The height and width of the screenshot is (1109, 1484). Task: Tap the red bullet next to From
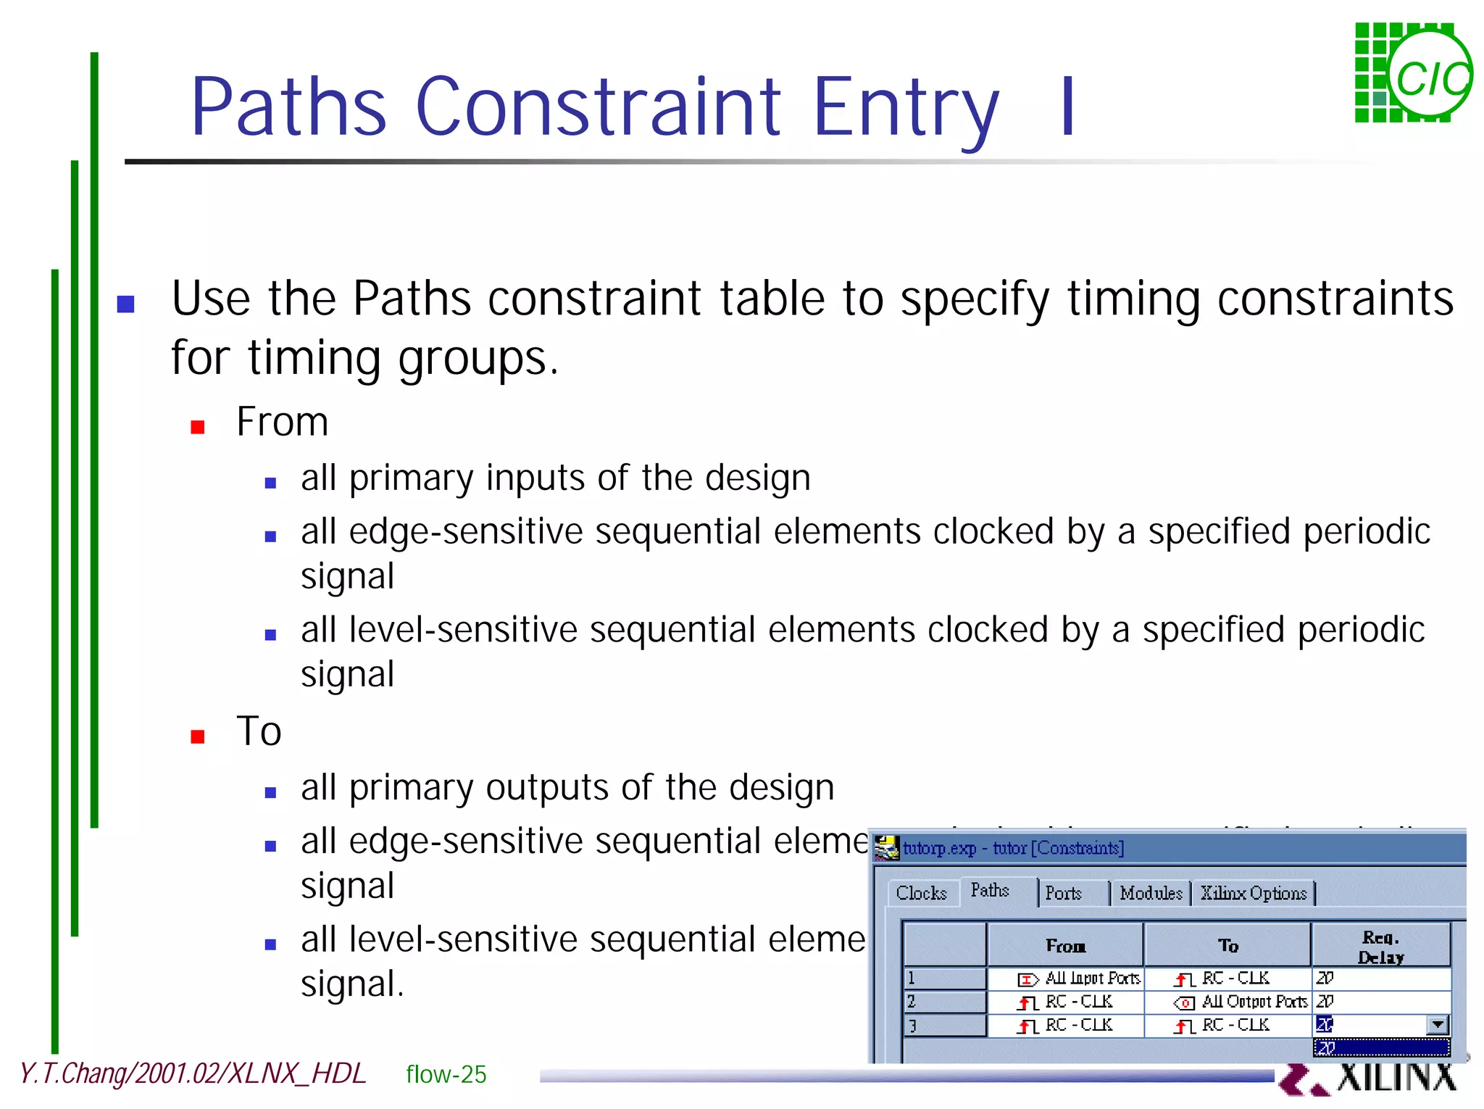(x=197, y=427)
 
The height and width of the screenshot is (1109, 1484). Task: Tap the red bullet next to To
(x=197, y=736)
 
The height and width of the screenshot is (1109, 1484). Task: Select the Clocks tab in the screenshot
(x=921, y=893)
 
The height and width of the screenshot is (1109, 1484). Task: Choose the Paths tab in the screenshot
(x=990, y=890)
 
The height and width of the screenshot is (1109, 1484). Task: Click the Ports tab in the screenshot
(x=1063, y=893)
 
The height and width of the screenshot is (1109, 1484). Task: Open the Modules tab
(x=1151, y=893)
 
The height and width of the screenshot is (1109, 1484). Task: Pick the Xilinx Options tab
(x=1254, y=893)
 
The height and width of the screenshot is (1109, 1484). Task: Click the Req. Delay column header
(x=1380, y=947)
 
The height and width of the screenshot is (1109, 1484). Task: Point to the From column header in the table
(x=1065, y=946)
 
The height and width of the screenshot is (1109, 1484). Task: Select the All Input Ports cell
(x=1080, y=979)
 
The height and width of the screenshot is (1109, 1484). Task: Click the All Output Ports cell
(x=1241, y=1002)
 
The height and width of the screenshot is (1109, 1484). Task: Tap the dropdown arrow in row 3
(x=1438, y=1025)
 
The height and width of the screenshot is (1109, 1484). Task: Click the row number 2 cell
(x=943, y=1002)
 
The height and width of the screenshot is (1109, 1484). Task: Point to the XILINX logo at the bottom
(x=1370, y=1078)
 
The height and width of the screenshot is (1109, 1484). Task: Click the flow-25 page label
(x=446, y=1074)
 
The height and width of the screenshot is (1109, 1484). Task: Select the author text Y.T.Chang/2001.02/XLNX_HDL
(x=192, y=1073)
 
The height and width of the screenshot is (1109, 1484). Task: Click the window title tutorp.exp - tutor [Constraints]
(x=1013, y=848)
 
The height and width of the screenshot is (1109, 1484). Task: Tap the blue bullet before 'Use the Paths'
(x=126, y=303)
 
